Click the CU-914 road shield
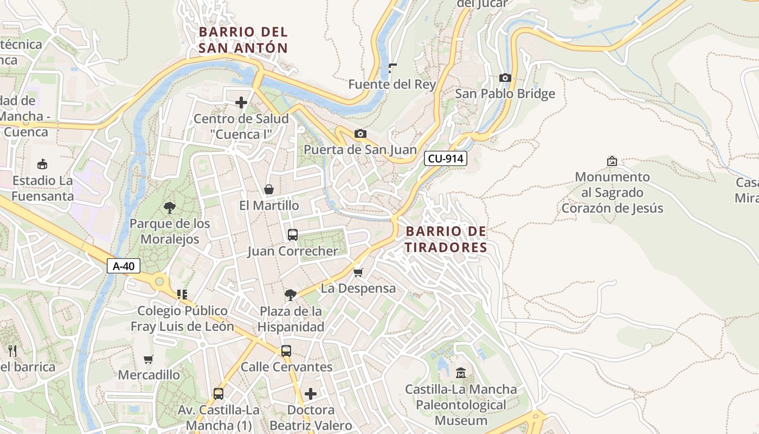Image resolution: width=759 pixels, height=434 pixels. (445, 158)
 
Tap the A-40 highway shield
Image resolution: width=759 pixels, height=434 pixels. (124, 266)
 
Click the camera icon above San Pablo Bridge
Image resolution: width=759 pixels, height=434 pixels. (505, 78)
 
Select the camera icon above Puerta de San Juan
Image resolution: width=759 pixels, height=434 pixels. (360, 133)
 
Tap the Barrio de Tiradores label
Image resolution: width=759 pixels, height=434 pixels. (446, 239)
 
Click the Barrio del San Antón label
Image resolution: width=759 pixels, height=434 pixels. (243, 40)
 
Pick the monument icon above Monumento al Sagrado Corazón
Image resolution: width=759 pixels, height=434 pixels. (612, 161)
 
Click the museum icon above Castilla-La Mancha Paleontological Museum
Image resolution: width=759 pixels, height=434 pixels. (461, 373)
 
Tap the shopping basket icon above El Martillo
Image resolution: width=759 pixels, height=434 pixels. (268, 189)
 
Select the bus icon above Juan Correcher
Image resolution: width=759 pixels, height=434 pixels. (292, 235)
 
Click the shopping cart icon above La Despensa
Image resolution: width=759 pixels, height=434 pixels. (358, 272)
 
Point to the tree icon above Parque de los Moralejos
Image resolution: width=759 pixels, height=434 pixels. (169, 207)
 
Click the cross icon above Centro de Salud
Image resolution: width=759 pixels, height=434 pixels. (241, 102)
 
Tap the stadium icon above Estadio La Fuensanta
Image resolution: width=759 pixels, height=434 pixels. (42, 164)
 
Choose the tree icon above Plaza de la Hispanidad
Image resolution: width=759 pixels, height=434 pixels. (291, 295)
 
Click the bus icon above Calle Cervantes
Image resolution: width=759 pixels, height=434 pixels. (286, 351)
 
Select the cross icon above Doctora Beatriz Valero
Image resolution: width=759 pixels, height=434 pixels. (311, 393)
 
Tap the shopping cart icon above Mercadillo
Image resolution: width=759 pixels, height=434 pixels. (148, 359)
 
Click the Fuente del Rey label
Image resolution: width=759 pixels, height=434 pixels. (391, 84)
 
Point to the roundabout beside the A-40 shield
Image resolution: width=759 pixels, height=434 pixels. (159, 281)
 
